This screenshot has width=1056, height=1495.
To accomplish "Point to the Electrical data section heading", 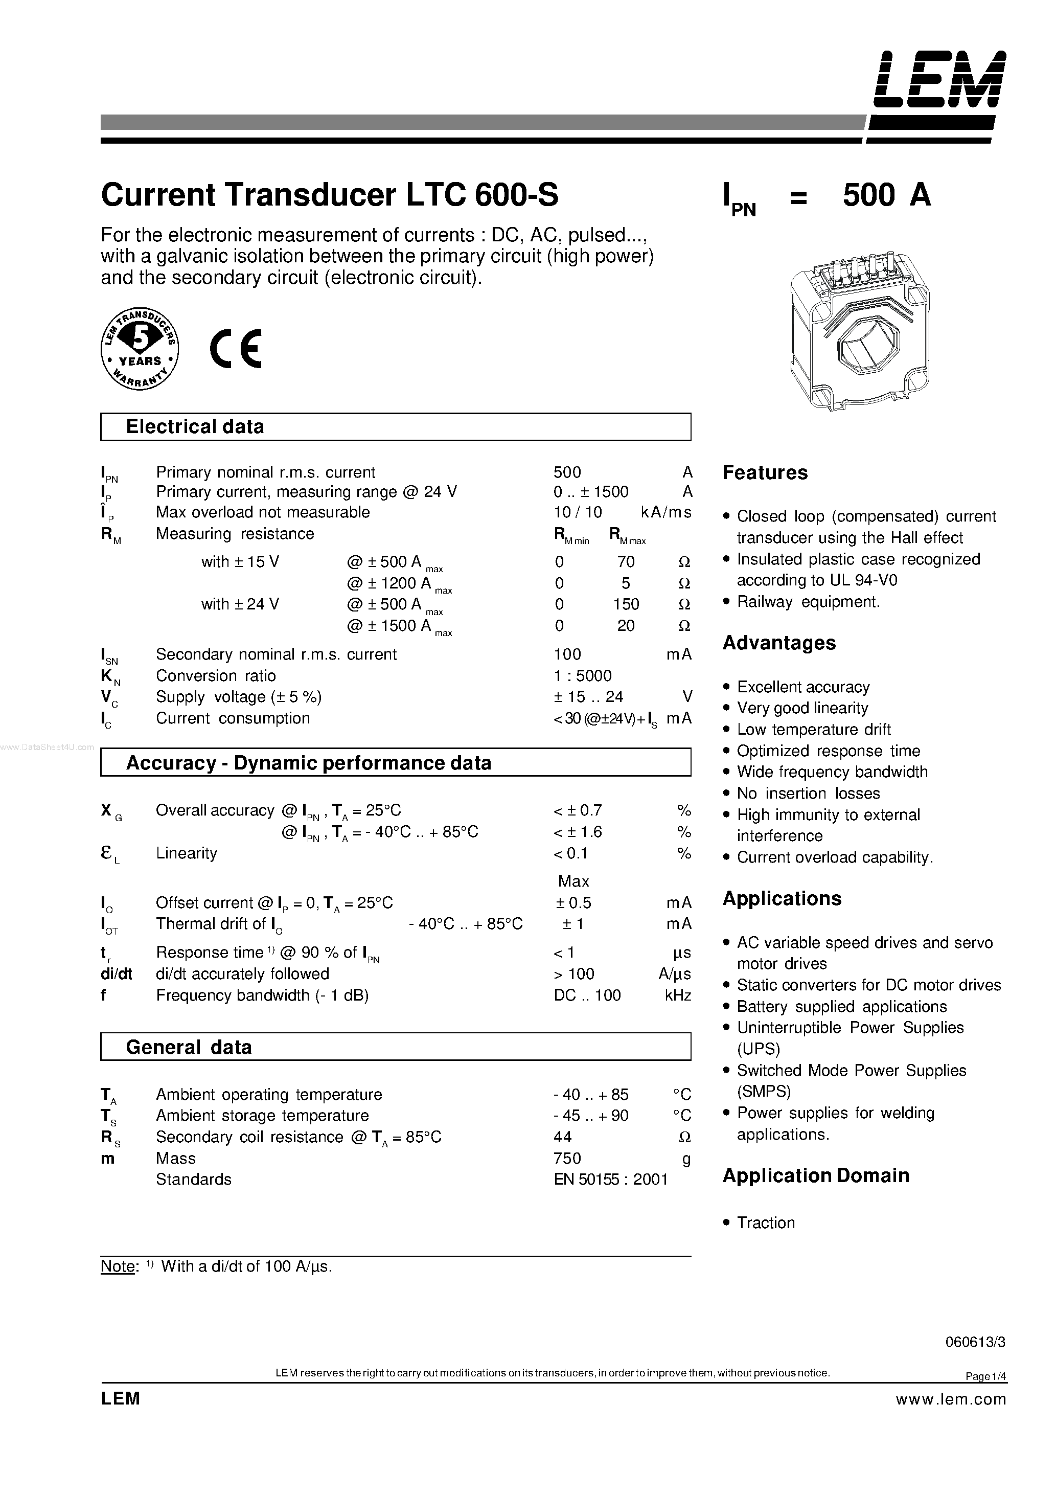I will [195, 426].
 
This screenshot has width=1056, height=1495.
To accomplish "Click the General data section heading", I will [188, 1047].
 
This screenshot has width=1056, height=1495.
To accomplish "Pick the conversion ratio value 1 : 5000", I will [583, 675].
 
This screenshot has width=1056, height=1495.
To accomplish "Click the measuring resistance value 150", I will [626, 604].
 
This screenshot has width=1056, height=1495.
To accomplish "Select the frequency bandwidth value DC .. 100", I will [587, 995].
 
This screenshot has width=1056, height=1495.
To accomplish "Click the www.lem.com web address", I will [951, 1399].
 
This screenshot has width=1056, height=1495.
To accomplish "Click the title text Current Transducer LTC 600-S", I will [330, 195].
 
